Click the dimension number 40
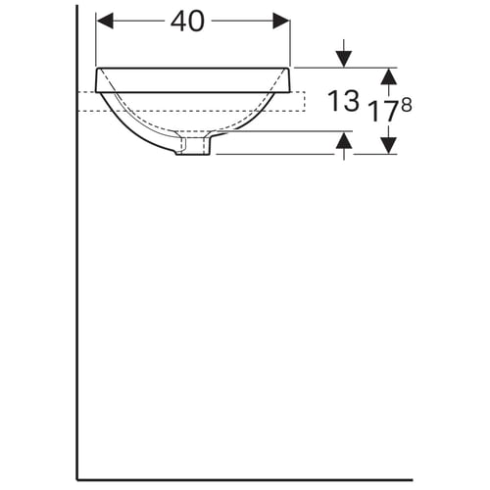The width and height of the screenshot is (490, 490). click(x=187, y=21)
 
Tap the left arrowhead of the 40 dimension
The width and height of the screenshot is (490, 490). click(x=105, y=21)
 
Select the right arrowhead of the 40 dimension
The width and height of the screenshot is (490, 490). click(x=281, y=21)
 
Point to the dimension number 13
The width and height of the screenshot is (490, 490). click(x=343, y=101)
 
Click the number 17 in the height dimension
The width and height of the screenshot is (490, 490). click(x=384, y=112)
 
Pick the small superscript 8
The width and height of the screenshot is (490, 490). click(x=407, y=106)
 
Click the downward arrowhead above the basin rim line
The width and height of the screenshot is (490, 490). click(x=344, y=59)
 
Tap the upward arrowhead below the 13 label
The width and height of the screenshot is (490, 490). click(x=344, y=140)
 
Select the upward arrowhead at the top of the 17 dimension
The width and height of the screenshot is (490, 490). click(x=389, y=76)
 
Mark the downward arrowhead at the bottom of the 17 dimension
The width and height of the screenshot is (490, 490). click(x=389, y=145)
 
